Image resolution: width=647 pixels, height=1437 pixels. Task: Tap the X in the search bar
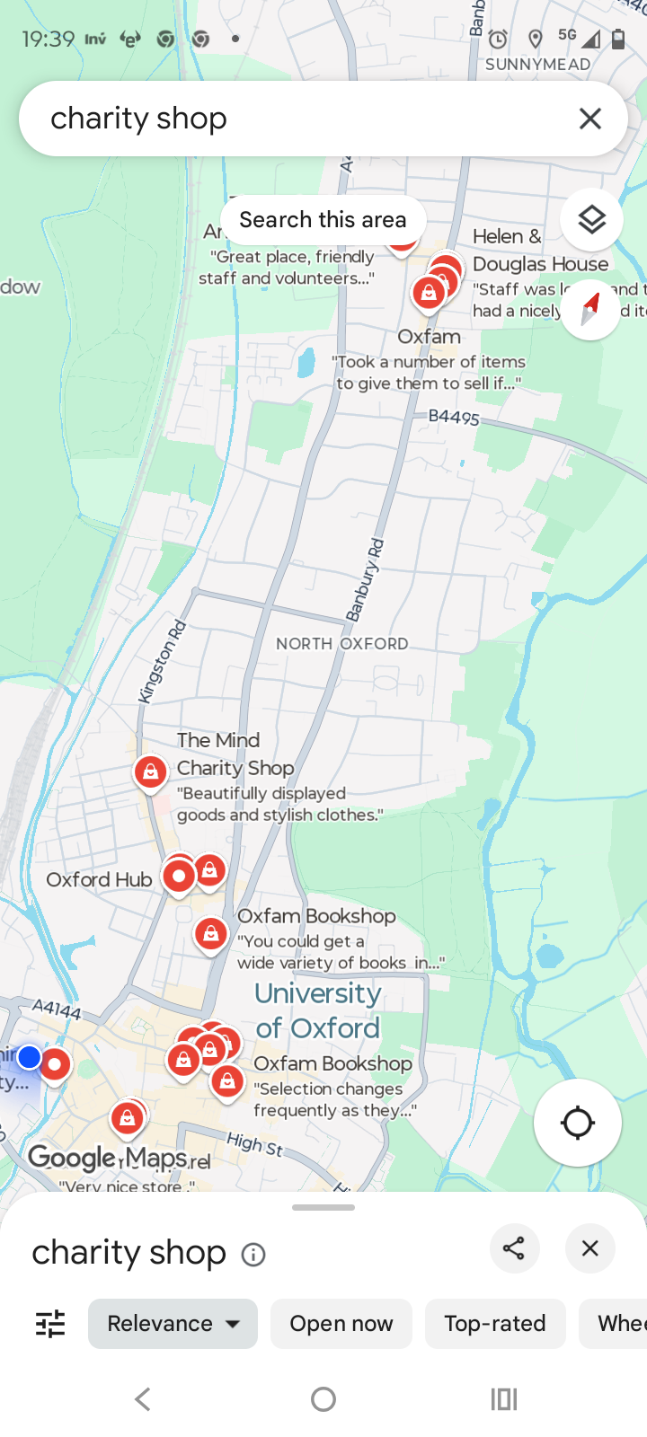[589, 119]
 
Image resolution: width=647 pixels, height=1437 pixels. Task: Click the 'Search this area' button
[323, 220]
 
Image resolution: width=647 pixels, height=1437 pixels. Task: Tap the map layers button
[591, 220]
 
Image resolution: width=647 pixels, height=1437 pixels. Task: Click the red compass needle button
[590, 309]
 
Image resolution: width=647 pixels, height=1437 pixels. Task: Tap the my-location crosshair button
[577, 1123]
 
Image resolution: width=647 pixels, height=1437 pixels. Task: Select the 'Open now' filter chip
[341, 1324]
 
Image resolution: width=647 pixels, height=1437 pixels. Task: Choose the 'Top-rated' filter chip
[494, 1324]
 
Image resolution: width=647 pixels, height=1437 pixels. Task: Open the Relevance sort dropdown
[173, 1324]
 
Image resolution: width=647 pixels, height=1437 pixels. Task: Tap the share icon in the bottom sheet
[514, 1248]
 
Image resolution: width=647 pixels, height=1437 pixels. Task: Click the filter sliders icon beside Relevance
[50, 1324]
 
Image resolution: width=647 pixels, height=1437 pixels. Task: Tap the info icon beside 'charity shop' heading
[253, 1255]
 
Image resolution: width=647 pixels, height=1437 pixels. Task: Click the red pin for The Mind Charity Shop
[150, 771]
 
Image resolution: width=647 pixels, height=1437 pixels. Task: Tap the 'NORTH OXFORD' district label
[341, 644]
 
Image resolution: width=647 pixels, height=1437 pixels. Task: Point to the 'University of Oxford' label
[318, 1010]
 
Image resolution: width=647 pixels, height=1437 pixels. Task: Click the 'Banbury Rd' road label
[367, 580]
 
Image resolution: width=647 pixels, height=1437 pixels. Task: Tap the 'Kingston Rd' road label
[163, 661]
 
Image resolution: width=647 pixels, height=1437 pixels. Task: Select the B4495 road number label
[454, 417]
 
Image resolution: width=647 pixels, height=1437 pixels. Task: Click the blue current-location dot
[30, 1057]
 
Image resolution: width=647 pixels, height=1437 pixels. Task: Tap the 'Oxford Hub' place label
[99, 880]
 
